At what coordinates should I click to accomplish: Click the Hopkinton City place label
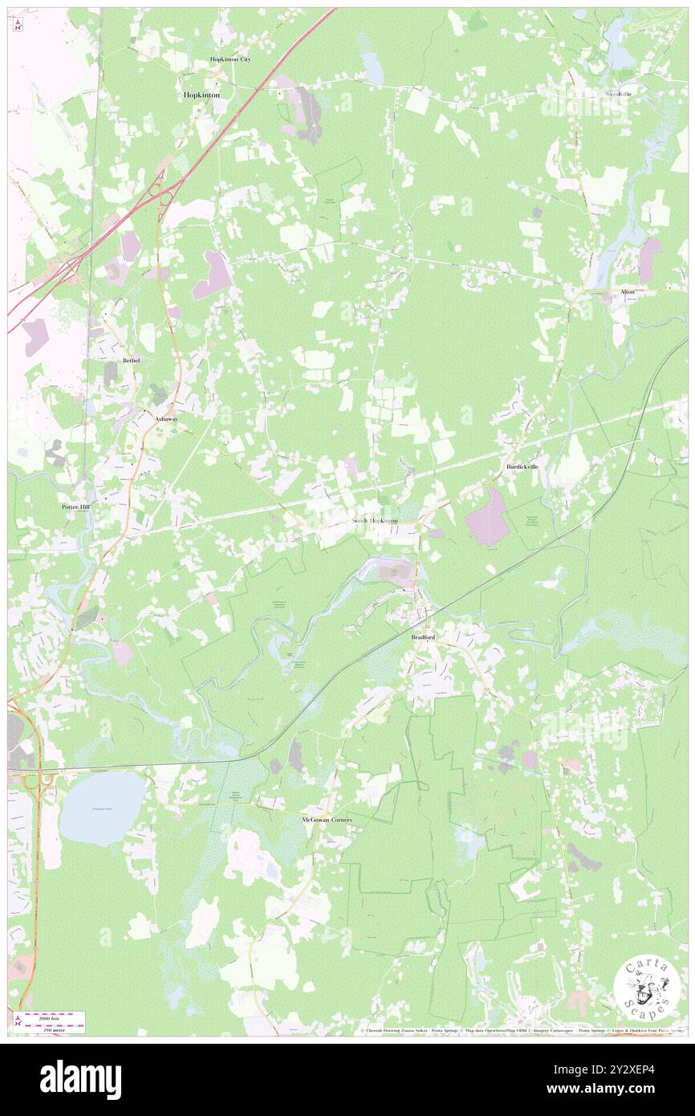(x=230, y=59)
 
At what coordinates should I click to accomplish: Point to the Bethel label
(x=132, y=360)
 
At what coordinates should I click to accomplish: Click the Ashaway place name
(x=167, y=418)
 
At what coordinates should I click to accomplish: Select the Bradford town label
(x=423, y=636)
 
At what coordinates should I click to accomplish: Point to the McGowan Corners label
(x=326, y=820)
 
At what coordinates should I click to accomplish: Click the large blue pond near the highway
(x=103, y=808)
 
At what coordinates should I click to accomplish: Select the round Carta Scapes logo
(x=647, y=988)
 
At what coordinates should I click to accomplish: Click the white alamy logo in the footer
(x=80, y=1079)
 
